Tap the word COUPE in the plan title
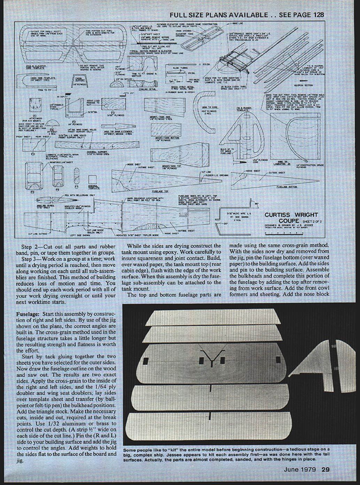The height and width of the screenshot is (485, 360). (289, 221)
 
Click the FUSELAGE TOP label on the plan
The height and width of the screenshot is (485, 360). (160, 191)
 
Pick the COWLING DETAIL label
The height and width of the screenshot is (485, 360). (147, 89)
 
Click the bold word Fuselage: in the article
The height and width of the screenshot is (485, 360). (28, 314)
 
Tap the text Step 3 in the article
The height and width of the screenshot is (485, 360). (29, 259)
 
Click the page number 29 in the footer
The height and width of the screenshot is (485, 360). (325, 469)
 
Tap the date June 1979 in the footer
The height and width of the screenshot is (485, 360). (299, 469)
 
